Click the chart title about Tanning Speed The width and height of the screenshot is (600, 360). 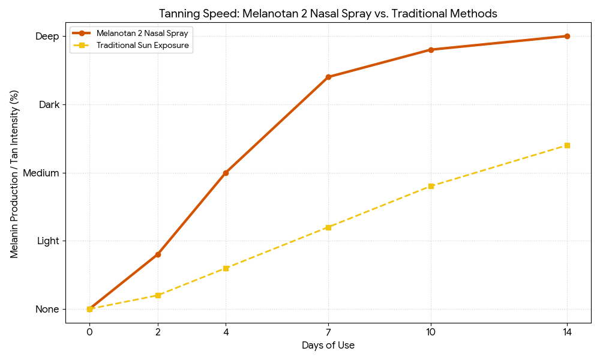[328, 13]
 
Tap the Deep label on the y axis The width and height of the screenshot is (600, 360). [47, 37]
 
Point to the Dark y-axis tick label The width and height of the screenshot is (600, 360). [49, 105]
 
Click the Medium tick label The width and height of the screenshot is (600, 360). [41, 173]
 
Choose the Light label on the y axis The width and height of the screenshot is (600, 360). [48, 241]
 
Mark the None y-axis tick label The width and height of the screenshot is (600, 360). [47, 310]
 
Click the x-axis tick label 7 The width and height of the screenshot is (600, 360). [328, 331]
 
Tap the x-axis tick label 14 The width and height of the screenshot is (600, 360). [567, 331]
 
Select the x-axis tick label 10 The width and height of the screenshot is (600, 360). [431, 331]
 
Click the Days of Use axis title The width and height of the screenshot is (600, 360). [328, 346]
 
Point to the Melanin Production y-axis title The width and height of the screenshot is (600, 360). [14, 174]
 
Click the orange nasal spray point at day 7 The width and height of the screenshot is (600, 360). [328, 77]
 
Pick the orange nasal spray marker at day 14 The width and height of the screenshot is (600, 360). [567, 36]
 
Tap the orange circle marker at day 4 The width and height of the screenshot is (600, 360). [226, 173]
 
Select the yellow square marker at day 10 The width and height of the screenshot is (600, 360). [431, 186]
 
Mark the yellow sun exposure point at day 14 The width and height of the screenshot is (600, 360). [567, 145]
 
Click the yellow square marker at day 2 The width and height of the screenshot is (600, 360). [158, 295]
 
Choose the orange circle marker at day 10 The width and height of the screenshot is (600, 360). [431, 50]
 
